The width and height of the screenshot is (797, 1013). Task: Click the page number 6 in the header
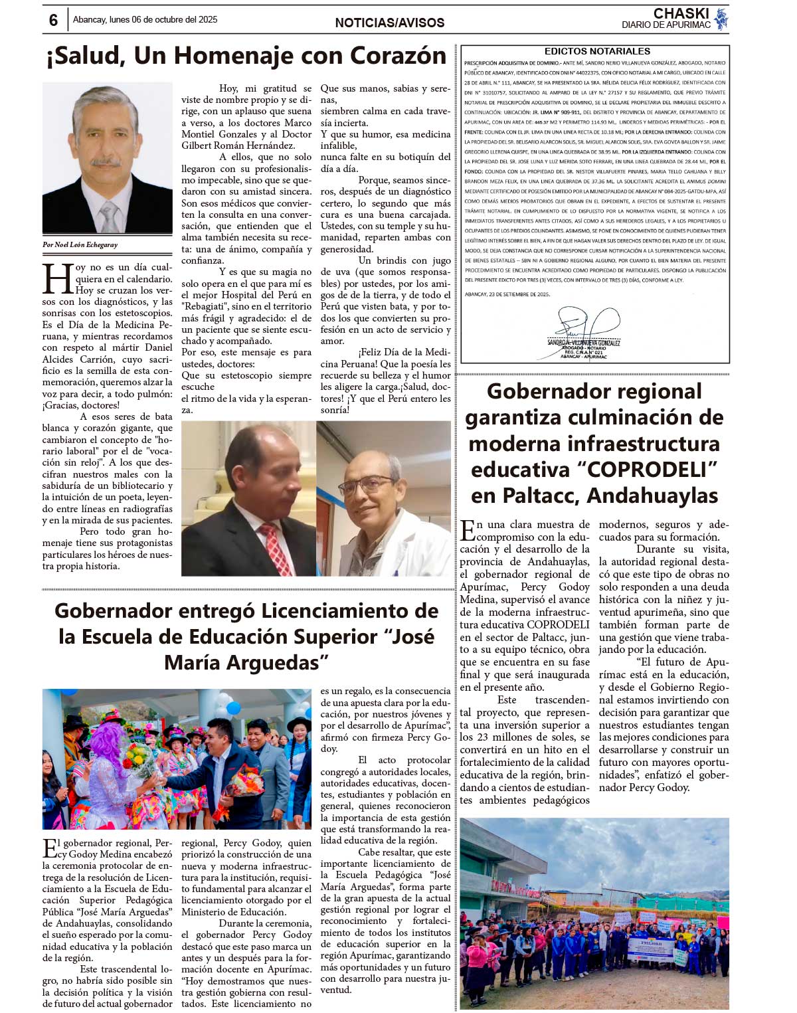click(x=53, y=21)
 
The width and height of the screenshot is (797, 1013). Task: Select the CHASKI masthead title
click(x=681, y=13)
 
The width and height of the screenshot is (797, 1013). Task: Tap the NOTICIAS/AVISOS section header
click(x=389, y=23)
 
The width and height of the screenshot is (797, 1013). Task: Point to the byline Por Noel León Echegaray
click(x=80, y=244)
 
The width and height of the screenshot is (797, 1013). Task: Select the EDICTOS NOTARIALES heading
click(x=596, y=51)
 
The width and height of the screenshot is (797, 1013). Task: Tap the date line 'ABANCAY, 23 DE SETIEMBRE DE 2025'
click(x=507, y=294)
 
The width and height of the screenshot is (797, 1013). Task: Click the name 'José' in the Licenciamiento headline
click(x=411, y=636)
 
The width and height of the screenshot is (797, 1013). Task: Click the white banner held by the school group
click(x=650, y=949)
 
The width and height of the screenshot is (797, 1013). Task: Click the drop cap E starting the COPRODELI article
click(x=468, y=529)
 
